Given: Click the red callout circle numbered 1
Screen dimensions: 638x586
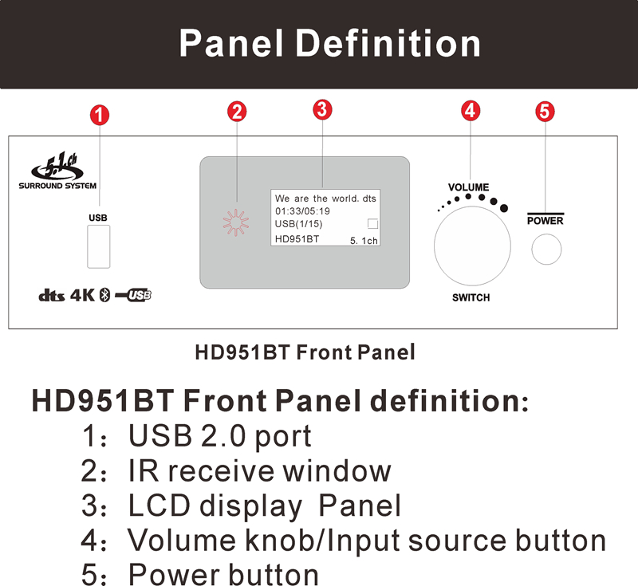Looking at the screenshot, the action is (x=100, y=115).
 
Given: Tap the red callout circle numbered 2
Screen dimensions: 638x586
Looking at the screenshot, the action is (x=237, y=112).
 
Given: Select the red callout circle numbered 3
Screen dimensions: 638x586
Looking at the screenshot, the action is (x=322, y=109).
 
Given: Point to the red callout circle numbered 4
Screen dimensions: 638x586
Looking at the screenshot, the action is (x=471, y=111).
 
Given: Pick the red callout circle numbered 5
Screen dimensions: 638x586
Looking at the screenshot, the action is (x=545, y=112).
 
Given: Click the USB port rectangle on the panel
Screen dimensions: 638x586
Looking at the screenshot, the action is (x=98, y=246).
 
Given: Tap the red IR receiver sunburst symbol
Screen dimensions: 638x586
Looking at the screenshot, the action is (x=235, y=222).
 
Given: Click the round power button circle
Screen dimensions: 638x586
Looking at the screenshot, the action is (x=546, y=250).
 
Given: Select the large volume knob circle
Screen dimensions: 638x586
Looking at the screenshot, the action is (x=472, y=246).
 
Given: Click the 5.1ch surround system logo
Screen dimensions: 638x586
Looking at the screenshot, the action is (x=57, y=171).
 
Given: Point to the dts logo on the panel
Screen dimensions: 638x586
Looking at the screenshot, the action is (x=51, y=296).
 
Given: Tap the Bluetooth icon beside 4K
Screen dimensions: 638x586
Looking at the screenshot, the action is (x=105, y=295).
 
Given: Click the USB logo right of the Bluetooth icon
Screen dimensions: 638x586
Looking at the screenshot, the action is (x=133, y=295).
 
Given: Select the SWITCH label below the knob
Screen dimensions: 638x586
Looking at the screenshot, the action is (x=471, y=297).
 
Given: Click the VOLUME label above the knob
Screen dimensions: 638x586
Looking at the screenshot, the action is (x=468, y=187).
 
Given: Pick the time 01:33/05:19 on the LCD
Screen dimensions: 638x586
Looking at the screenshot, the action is (x=302, y=211).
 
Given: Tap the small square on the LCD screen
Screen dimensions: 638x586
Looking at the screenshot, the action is (x=372, y=224).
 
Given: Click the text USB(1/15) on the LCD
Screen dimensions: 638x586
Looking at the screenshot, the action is (x=298, y=224).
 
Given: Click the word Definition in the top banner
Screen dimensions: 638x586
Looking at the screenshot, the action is (x=388, y=44).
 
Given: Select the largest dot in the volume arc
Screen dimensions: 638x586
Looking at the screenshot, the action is (x=504, y=208).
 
